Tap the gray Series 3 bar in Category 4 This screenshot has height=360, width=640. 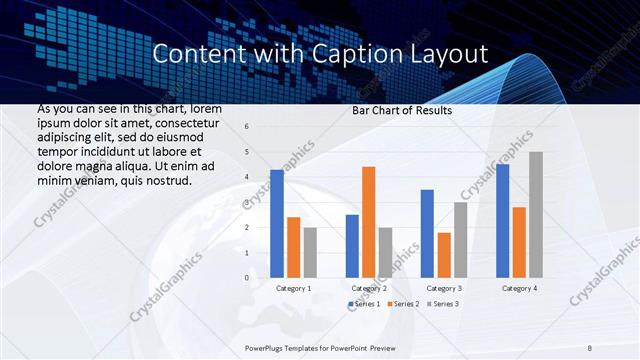536,215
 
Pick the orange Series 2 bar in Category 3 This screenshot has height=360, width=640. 444,255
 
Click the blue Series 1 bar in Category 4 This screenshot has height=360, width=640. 502,221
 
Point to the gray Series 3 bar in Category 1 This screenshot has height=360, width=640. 310,253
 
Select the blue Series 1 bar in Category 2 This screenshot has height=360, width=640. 352,246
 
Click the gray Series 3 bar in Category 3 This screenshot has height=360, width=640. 461,240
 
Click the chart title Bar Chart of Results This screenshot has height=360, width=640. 402,110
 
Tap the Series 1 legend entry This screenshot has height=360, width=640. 365,303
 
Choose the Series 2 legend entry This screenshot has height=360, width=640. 402,303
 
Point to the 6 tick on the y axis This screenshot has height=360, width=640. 247,127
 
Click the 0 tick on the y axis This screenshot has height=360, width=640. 247,278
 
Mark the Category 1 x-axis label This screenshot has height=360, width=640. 293,288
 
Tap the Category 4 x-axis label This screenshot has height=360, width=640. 518,288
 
